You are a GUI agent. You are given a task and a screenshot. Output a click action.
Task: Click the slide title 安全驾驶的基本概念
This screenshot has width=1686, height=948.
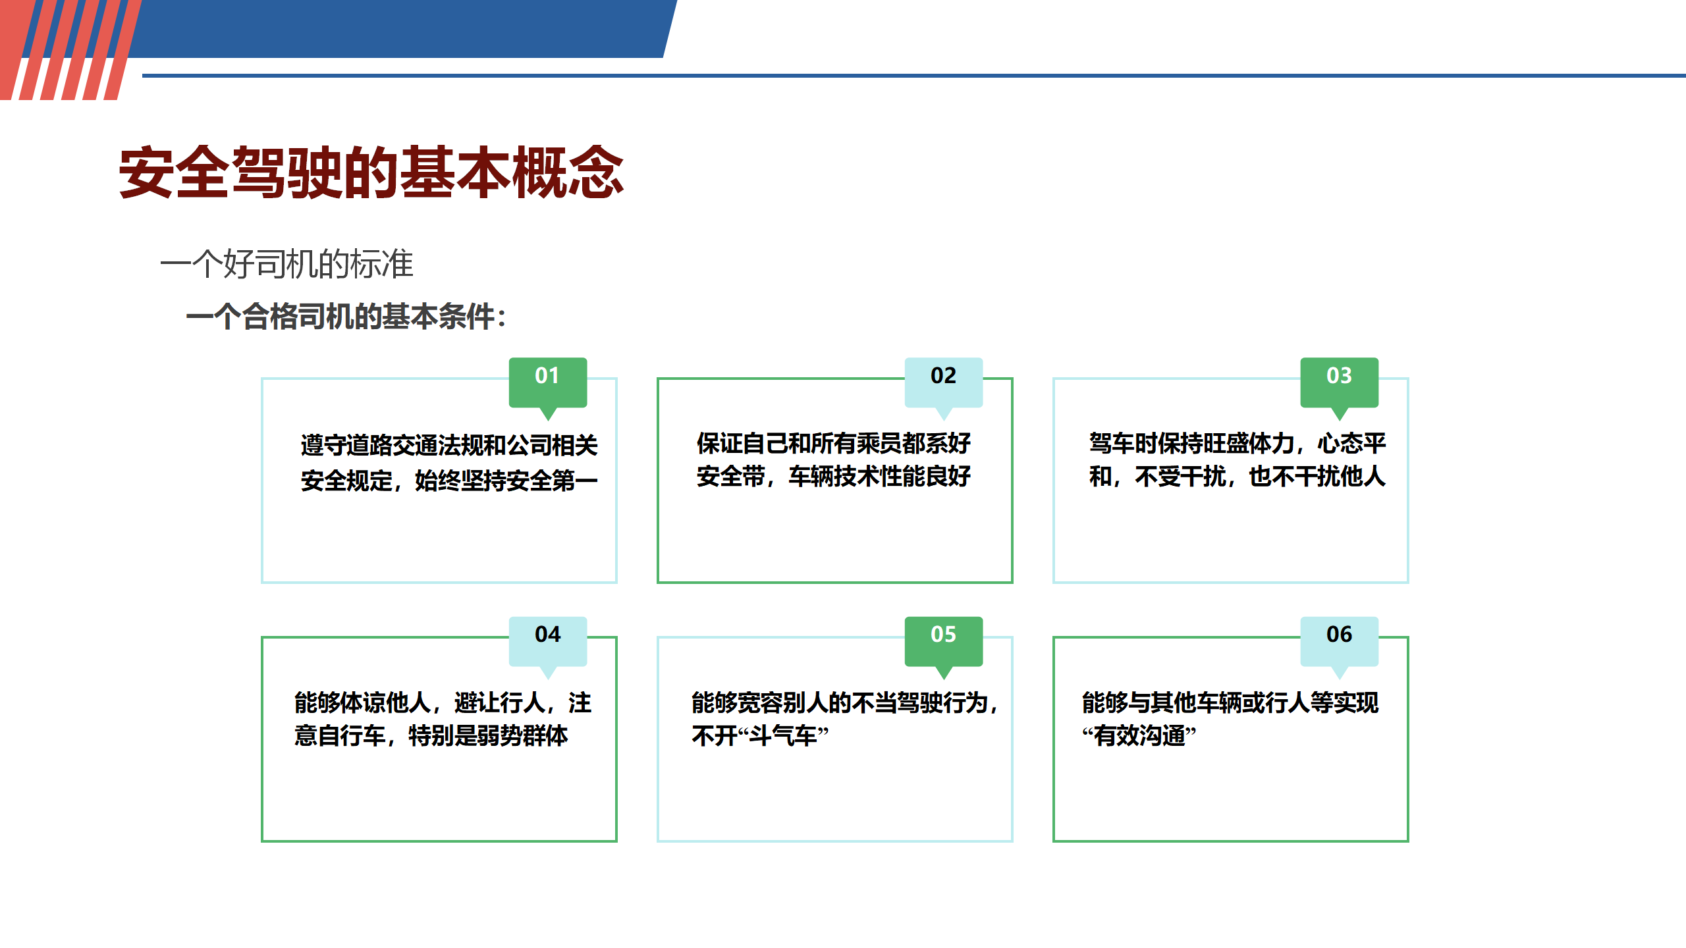click(x=371, y=172)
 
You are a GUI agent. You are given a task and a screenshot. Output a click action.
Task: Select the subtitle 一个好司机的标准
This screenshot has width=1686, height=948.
click(x=286, y=264)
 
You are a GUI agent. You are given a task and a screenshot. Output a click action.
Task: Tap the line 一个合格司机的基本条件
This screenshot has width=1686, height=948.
click(x=340, y=317)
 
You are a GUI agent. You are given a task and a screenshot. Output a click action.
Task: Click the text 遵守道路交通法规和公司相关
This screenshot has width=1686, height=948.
click(x=449, y=446)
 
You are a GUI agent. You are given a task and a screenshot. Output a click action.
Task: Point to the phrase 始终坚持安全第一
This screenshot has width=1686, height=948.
click(x=506, y=481)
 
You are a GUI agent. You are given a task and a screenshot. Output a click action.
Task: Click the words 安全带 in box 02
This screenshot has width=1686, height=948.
click(x=731, y=476)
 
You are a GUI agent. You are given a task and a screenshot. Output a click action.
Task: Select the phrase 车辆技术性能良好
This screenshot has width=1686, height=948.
click(x=880, y=476)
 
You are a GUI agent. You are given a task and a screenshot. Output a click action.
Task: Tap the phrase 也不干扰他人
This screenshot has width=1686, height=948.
click(x=1317, y=476)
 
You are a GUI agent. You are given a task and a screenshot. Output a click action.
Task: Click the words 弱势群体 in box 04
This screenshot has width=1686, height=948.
click(x=522, y=735)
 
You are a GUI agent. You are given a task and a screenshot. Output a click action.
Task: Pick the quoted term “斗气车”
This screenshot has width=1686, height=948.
click(x=760, y=735)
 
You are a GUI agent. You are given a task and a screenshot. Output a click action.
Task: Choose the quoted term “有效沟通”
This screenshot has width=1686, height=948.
click(x=1139, y=735)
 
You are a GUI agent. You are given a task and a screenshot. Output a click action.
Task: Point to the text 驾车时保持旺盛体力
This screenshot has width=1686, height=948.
click(x=1192, y=443)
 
